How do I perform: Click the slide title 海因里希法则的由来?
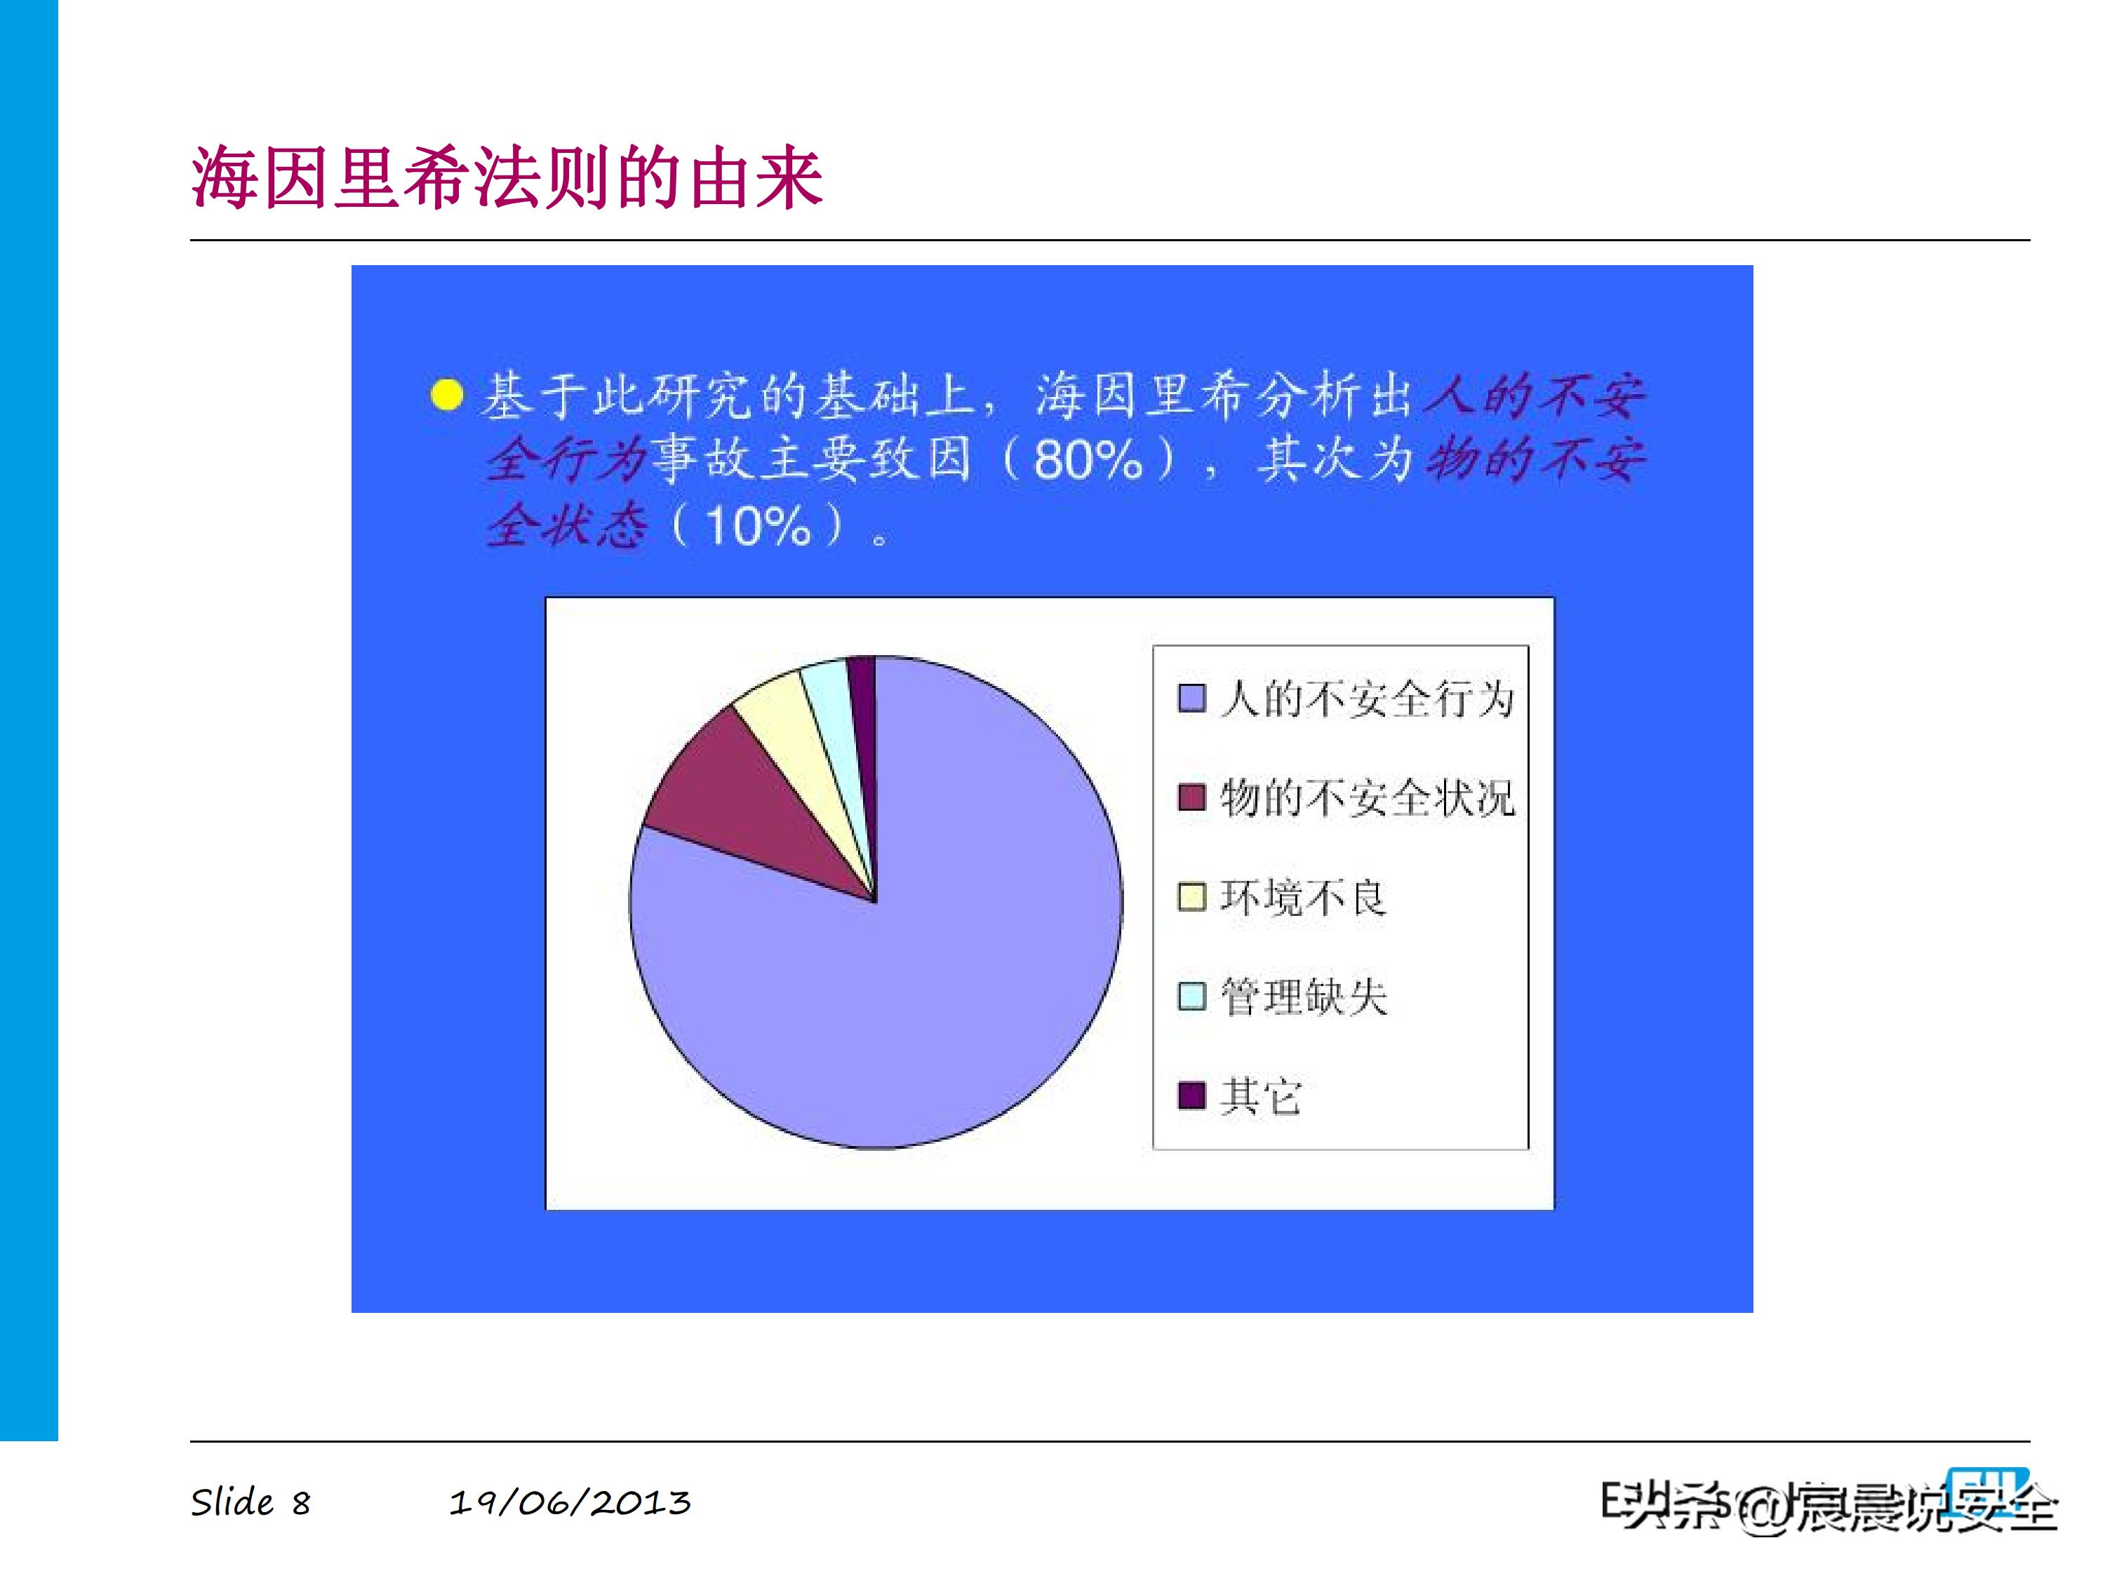[507, 178]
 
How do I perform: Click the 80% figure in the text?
[1087, 460]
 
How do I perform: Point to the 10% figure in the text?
[758, 525]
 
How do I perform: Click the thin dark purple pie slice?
[863, 723]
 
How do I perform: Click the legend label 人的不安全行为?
[1367, 699]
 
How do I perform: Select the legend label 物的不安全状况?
[1367, 798]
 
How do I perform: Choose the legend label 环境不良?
[1303, 897]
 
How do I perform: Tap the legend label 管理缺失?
[1303, 997]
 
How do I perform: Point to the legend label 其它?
[1260, 1095]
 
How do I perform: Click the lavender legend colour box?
[1191, 699]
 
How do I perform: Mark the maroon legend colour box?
[1191, 798]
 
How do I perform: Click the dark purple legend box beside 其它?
[1191, 1095]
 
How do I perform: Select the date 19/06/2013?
[569, 1503]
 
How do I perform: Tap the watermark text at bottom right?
[1827, 1506]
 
